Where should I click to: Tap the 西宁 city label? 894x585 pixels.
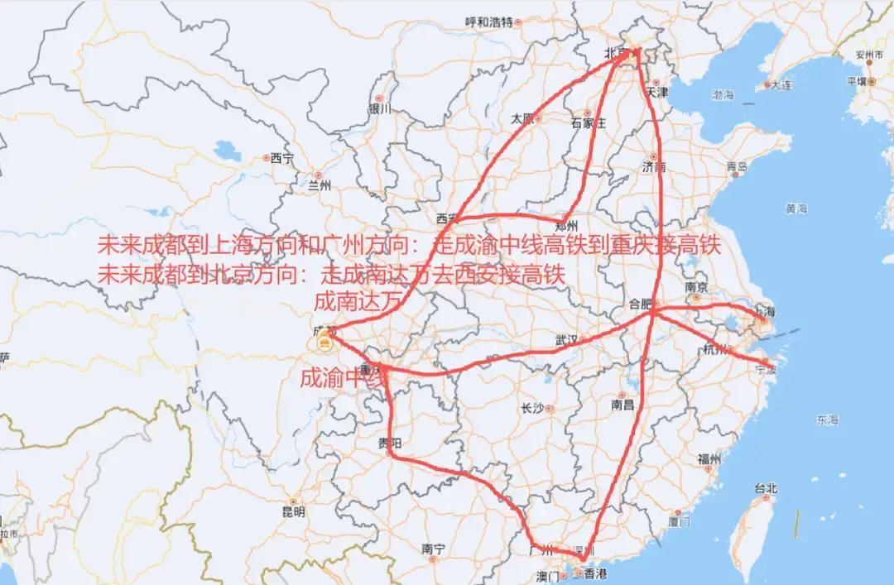coord(281,157)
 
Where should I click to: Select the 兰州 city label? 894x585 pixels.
coord(319,185)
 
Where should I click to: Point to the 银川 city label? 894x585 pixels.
coord(379,108)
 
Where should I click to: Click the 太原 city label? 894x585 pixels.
coord(522,117)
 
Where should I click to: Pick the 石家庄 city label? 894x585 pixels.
coord(589,123)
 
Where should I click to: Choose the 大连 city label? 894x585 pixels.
coord(781,84)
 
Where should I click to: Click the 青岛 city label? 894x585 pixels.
coord(737,166)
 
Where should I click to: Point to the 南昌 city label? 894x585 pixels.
coord(622,405)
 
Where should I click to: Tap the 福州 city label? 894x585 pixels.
coord(709,458)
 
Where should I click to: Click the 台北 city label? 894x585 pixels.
coord(766,488)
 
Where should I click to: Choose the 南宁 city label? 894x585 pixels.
coord(434,548)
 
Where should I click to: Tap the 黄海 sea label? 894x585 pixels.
coord(796,208)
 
